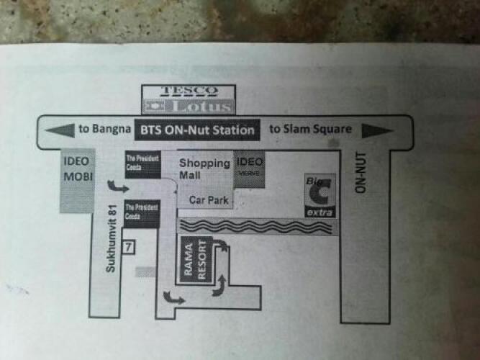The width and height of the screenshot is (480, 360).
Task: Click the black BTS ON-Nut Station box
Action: [x=195, y=130]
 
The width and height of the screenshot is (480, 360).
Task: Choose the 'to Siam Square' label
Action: [x=310, y=130]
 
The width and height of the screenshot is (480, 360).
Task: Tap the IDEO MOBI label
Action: [x=76, y=168]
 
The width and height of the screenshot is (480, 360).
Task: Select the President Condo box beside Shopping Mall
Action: [x=142, y=164]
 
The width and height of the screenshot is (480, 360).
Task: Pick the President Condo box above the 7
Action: [x=142, y=214]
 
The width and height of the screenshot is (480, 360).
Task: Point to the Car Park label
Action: [x=209, y=199]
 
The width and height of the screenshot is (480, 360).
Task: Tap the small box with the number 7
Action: [x=129, y=247]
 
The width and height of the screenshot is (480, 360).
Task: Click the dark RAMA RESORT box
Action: [x=194, y=261]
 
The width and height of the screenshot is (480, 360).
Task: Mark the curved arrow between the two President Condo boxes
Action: [x=114, y=187]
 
